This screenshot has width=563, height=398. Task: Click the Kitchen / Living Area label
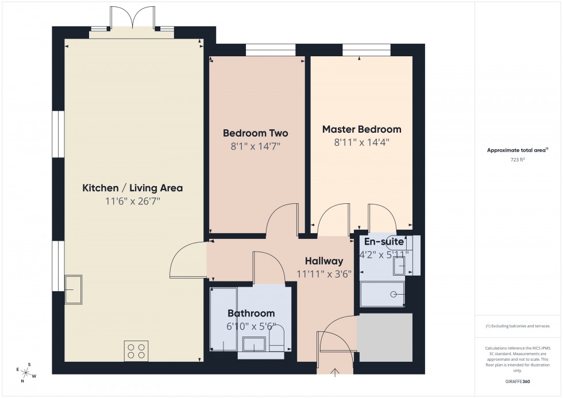point(132,188)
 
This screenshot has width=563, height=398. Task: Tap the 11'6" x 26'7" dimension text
point(132,202)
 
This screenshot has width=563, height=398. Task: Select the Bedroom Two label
point(255,133)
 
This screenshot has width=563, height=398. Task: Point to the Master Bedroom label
point(361,129)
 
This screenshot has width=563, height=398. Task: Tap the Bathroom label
point(251,314)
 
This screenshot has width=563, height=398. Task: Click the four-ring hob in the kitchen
point(136,350)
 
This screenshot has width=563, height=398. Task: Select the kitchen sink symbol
point(73,289)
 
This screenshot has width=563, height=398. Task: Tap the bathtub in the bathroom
point(223,319)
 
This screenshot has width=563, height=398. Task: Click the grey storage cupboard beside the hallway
point(385,337)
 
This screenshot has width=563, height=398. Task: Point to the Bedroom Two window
point(271,51)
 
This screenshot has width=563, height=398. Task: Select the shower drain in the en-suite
point(394,294)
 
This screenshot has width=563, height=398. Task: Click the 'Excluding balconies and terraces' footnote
point(518,326)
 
